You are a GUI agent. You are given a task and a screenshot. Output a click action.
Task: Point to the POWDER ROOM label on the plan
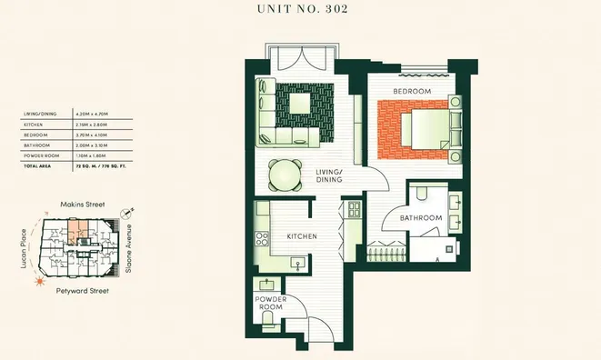[269, 303]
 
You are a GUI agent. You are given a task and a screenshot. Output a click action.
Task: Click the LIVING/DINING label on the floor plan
[328, 175]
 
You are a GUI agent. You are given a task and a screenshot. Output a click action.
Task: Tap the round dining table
[286, 174]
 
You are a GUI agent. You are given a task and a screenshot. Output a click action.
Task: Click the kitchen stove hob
[262, 240]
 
